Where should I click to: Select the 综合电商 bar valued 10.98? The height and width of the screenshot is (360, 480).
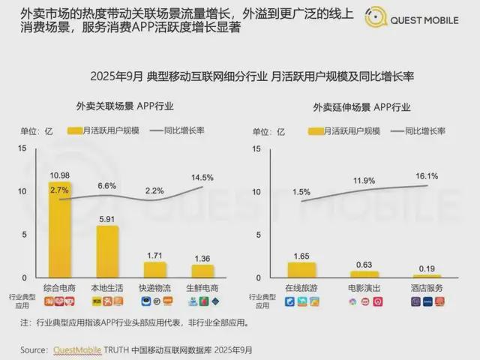click(x=60, y=229)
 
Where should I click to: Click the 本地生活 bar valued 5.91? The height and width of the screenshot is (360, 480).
click(x=107, y=250)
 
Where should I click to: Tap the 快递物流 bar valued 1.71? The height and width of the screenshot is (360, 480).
click(x=154, y=268)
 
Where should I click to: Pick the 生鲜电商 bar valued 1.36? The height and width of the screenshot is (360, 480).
click(x=202, y=270)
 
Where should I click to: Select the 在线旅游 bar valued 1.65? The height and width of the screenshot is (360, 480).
click(x=301, y=269)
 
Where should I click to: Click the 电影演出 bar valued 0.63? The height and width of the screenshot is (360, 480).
click(x=364, y=274)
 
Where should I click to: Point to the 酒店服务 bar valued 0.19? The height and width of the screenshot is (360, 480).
click(x=427, y=275)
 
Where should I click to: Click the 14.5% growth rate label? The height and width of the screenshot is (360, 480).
click(x=202, y=178)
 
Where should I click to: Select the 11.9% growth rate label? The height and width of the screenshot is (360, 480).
click(x=364, y=181)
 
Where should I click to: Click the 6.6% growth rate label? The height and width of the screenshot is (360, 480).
click(x=107, y=185)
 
